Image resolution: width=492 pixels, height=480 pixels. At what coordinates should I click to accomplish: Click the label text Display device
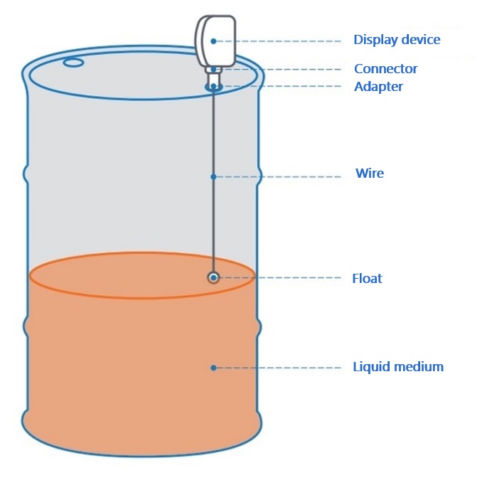(x=397, y=40)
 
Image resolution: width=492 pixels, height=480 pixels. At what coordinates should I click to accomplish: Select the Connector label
(x=385, y=69)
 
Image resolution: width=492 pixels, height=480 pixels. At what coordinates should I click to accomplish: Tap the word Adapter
(x=378, y=87)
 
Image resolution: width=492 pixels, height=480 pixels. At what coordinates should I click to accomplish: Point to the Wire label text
(x=369, y=174)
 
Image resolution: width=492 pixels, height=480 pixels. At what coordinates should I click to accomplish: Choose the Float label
(x=367, y=279)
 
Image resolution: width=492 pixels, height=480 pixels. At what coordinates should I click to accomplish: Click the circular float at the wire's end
(x=213, y=277)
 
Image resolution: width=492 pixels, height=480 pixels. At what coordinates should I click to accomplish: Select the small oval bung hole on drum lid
(x=73, y=63)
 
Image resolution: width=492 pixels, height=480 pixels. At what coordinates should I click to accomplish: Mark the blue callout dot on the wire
(x=213, y=176)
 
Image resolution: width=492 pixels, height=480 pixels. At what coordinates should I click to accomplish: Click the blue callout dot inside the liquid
(x=213, y=368)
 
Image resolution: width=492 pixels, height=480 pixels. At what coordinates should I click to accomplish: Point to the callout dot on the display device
(x=213, y=41)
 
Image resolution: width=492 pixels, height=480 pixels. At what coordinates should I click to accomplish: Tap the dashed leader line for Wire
(x=284, y=176)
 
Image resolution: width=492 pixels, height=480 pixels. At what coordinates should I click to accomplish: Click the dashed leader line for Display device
(x=284, y=41)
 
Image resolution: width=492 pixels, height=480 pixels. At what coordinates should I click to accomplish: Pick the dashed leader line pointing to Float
(x=284, y=277)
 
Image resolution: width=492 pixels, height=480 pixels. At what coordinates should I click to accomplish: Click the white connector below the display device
(x=213, y=70)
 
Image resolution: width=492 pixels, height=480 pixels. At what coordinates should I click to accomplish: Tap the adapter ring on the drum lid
(x=213, y=87)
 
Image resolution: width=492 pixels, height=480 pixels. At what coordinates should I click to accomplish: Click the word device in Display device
(x=419, y=40)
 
